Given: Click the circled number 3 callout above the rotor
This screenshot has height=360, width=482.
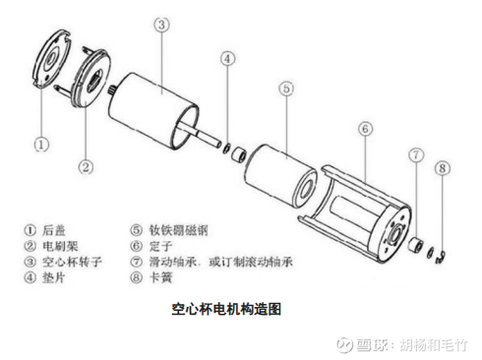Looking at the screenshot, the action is click(x=161, y=25).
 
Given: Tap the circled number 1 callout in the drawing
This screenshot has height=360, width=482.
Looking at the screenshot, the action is click(x=41, y=145).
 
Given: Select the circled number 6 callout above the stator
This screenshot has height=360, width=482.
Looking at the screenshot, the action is click(x=365, y=129).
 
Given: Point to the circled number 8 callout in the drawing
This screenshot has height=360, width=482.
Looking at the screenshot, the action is click(x=443, y=168).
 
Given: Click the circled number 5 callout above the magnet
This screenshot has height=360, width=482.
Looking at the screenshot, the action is click(x=286, y=89).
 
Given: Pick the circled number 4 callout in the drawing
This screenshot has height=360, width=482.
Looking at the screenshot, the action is click(x=227, y=59).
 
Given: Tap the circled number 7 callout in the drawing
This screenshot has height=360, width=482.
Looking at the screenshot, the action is click(x=416, y=154).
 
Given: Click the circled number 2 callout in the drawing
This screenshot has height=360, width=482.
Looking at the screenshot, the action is click(x=86, y=167).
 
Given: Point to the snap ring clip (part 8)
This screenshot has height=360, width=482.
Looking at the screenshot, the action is click(x=442, y=257).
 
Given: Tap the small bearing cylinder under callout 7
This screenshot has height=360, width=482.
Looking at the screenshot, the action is click(x=415, y=244).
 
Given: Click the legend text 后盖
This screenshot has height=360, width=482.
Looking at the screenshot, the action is click(x=54, y=230).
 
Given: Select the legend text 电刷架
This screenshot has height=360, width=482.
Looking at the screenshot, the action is click(x=60, y=246).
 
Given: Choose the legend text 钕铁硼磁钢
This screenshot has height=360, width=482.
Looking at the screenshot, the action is click(x=179, y=230).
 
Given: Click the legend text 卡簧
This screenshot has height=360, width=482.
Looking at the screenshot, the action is click(x=160, y=277).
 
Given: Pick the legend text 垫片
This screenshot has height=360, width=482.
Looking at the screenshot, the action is click(x=54, y=277).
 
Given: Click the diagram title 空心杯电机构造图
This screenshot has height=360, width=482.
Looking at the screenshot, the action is click(x=226, y=309).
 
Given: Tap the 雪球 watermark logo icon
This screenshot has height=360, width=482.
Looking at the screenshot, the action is click(x=344, y=344).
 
